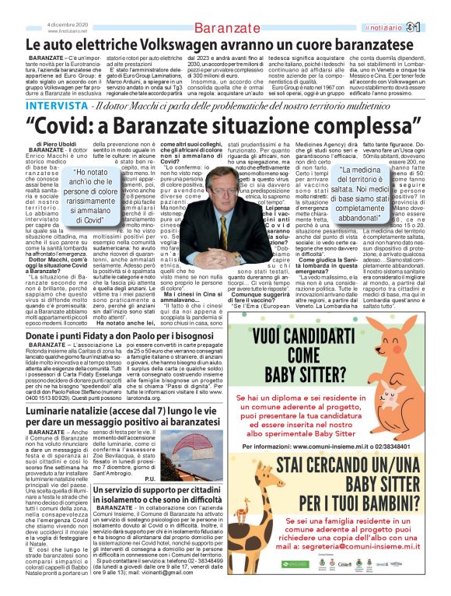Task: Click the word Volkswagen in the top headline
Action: click(184, 47)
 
